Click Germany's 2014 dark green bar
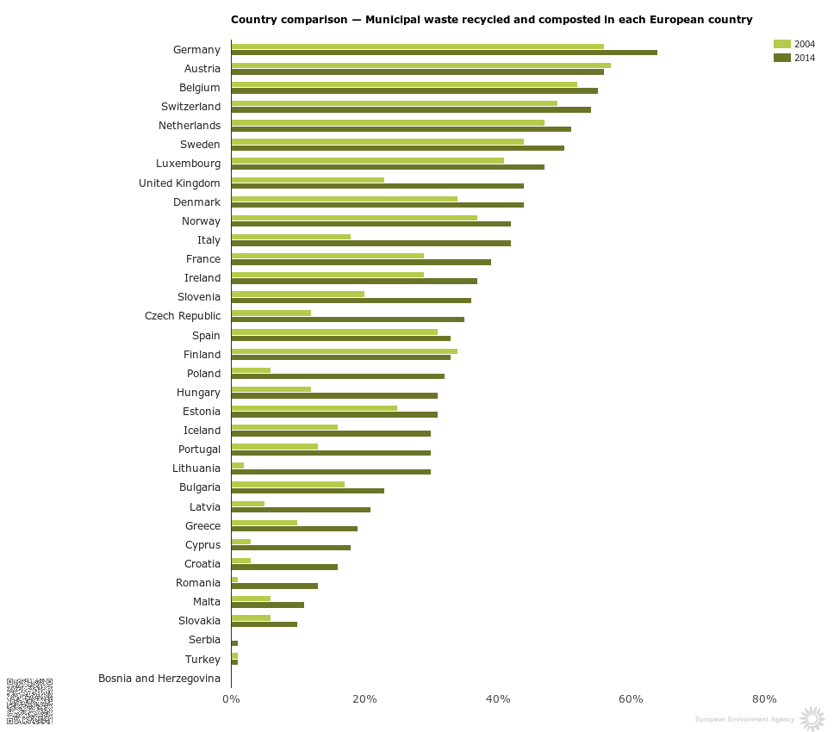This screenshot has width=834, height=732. [444, 53]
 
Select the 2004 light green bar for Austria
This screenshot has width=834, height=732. [420, 65]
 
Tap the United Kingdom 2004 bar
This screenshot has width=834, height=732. [308, 179]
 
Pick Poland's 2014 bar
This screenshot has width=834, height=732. [338, 376]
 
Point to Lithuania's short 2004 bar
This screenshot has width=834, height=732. [238, 465]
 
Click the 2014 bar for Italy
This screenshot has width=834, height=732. [370, 243]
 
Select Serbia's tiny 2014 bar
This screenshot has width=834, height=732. [234, 643]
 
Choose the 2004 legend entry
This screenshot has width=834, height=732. [794, 44]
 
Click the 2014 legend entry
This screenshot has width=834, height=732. [794, 58]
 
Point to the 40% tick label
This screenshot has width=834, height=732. [498, 698]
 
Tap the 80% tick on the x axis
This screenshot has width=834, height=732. [764, 698]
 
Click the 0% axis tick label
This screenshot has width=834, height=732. [231, 698]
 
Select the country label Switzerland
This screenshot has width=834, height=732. [190, 107]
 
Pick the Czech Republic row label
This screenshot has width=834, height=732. [183, 316]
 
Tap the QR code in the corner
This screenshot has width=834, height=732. [29, 701]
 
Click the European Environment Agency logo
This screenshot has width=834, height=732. [811, 718]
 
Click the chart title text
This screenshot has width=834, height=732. [491, 19]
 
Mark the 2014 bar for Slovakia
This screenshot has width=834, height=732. [264, 623]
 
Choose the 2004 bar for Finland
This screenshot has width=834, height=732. [344, 350]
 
